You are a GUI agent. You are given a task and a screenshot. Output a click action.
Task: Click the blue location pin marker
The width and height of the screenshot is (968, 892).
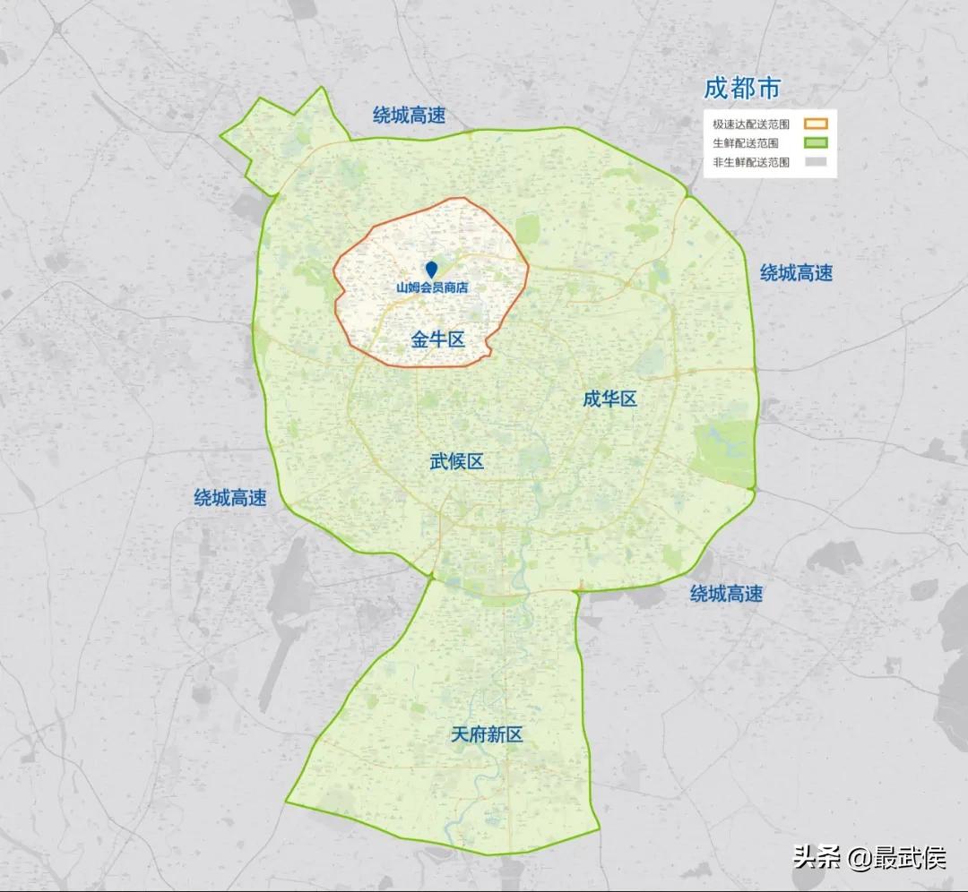pos(431,269)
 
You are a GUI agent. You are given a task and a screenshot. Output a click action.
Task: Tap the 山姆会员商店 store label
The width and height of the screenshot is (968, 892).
pos(433,288)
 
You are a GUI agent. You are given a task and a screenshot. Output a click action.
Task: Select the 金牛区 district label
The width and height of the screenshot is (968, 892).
pos(438,339)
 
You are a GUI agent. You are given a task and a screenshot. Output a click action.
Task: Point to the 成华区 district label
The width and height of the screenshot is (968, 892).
pos(609,399)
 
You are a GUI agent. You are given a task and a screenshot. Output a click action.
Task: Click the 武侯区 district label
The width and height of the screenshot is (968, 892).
pos(456,461)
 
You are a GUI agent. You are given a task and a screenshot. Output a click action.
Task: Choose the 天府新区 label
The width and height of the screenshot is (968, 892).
pos(487,735)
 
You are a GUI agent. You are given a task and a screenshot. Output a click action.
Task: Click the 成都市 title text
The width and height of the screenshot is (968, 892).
pos(742,88)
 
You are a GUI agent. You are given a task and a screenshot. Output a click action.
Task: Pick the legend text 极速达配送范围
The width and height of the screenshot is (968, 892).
pos(751,124)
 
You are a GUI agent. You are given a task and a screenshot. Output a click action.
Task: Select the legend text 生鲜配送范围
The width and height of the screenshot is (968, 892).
pos(745,143)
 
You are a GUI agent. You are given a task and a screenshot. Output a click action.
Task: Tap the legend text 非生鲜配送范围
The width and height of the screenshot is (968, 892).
pos(751,162)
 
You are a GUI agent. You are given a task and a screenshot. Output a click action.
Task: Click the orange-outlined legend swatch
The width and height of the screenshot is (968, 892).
pos(815,124)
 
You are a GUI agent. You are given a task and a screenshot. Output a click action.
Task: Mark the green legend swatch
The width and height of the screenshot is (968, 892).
pos(815,143)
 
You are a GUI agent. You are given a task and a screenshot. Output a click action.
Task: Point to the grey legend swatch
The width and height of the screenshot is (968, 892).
pos(815,162)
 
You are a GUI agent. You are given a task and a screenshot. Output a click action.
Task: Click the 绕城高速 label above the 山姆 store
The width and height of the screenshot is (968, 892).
pos(409,115)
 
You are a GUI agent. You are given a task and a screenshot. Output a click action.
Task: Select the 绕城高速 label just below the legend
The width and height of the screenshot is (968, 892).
pos(796,272)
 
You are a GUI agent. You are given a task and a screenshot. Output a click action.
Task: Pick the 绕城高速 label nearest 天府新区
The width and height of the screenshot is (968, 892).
pos(726,593)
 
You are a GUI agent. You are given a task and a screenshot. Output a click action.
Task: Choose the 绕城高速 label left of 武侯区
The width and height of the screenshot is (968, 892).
pos(230,498)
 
